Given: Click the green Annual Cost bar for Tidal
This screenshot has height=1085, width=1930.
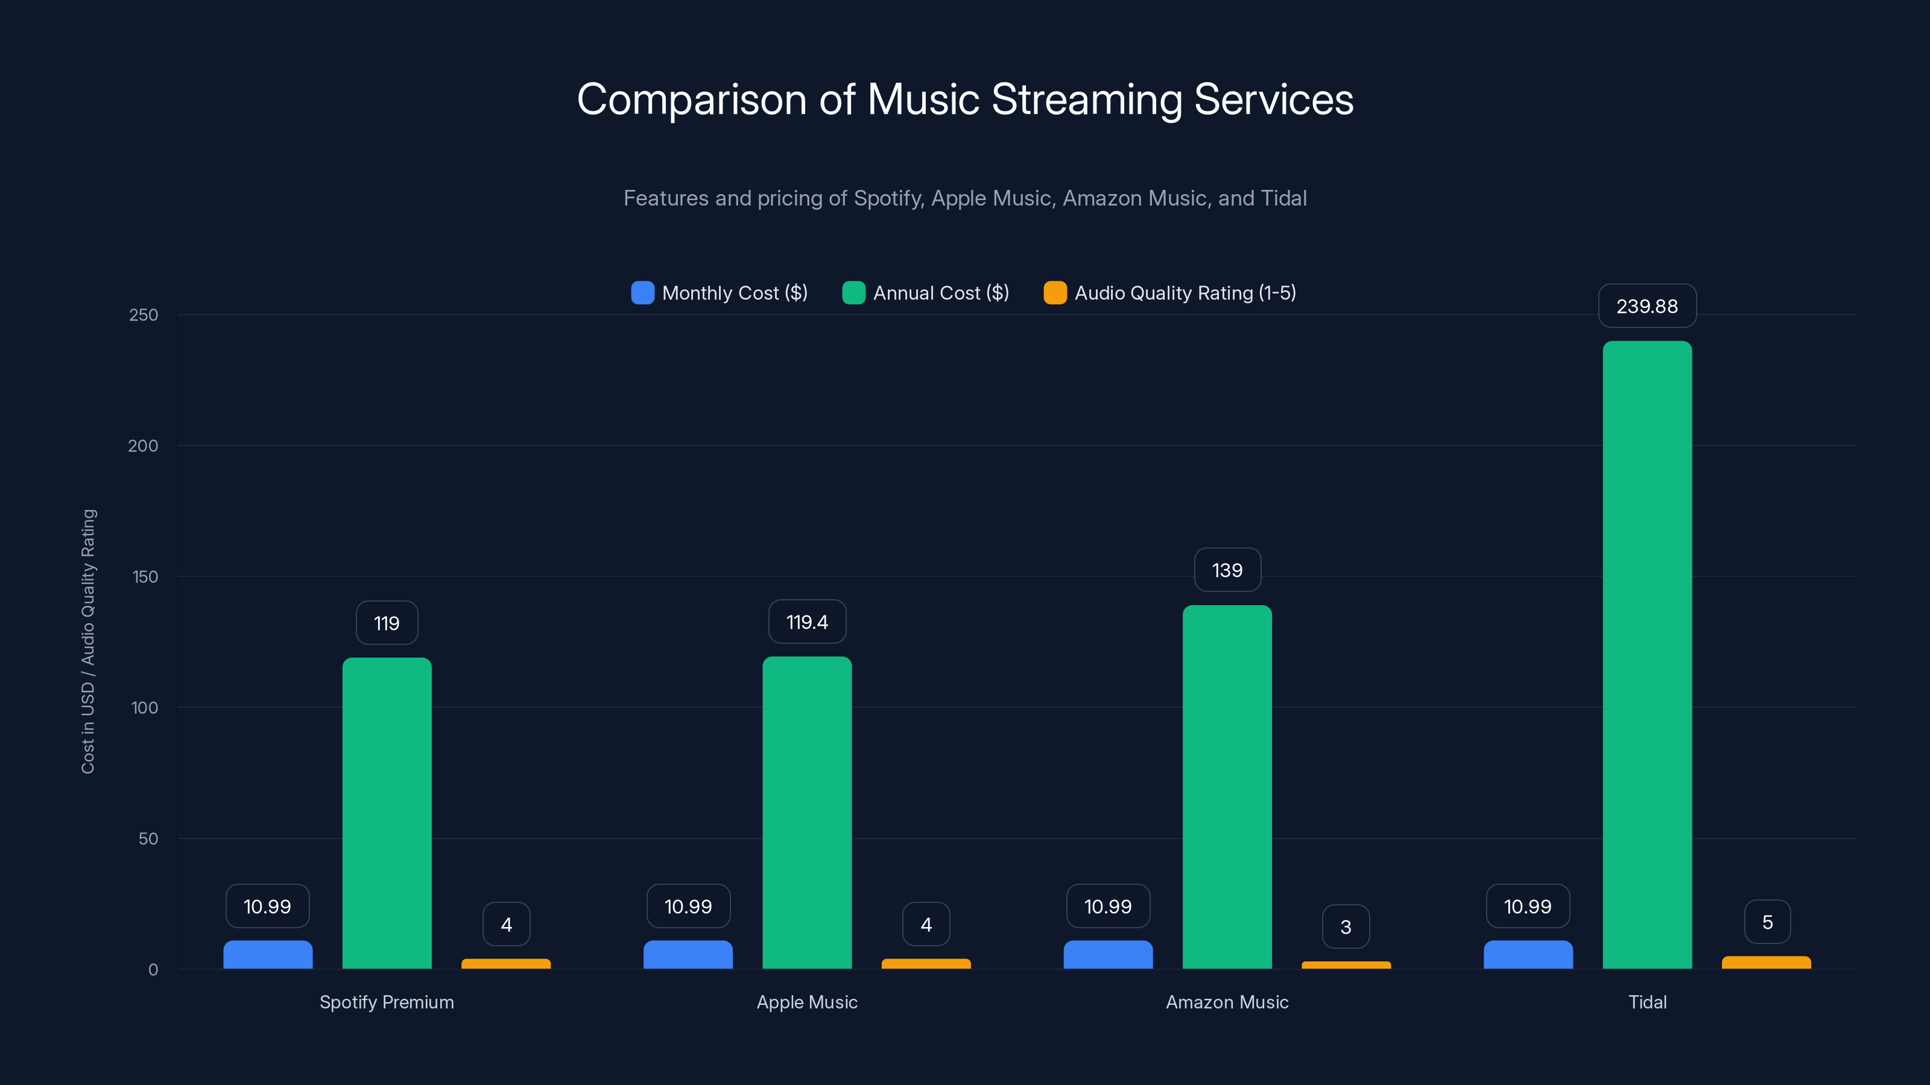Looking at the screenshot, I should [1647, 655].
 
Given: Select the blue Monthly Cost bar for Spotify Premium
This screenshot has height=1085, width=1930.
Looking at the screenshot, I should [267, 955].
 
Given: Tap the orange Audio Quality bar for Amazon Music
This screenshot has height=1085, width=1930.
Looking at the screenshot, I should [1346, 964].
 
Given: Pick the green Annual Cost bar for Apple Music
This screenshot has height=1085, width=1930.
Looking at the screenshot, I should [807, 813].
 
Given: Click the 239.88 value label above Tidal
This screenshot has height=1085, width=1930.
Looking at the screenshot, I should [1647, 306].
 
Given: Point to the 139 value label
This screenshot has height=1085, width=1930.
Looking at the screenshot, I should [1227, 571].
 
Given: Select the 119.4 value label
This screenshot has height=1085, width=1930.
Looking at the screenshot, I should [807, 622].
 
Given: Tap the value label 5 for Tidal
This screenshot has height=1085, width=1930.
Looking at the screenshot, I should [1767, 922].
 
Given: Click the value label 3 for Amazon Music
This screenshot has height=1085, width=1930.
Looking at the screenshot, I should [1346, 927].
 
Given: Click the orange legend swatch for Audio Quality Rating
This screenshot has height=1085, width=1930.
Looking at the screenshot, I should [1055, 293].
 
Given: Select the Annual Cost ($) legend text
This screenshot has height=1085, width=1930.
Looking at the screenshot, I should [941, 293].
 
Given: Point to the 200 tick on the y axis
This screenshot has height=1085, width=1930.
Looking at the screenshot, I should [143, 446].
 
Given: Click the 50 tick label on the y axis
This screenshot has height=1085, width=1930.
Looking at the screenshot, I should [148, 838].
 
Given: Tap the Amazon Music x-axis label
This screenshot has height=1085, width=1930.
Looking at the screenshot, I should [1227, 1002].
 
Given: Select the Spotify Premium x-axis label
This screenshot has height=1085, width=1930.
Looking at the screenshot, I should [387, 1002].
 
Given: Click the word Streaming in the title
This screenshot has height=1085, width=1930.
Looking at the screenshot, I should [1086, 99].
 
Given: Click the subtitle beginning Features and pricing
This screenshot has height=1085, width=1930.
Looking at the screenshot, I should [965, 198].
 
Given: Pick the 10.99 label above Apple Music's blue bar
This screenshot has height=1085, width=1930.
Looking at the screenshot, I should [688, 907].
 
